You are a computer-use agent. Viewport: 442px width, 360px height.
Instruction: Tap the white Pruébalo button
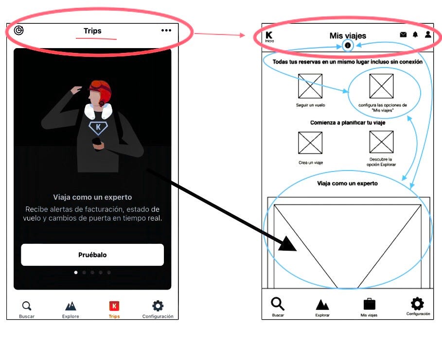pos(92,255)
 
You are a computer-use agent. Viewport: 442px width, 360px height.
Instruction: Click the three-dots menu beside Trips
pos(166,31)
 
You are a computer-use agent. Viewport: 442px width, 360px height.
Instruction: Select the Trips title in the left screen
pos(92,31)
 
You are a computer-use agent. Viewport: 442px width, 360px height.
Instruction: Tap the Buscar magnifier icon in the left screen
pos(27,306)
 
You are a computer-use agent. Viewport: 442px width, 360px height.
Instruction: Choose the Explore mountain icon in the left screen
pos(71,306)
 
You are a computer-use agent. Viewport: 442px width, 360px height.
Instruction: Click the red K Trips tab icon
pos(114,306)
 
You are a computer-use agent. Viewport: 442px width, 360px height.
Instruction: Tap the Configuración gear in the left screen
pos(158,306)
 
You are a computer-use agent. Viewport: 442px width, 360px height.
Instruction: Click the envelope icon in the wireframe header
pos(404,34)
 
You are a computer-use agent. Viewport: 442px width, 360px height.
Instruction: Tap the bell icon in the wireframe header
pos(415,34)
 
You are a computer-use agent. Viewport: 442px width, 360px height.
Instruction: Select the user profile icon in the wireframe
pos(428,34)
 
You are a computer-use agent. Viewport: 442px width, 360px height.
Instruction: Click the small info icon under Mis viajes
pos(348,45)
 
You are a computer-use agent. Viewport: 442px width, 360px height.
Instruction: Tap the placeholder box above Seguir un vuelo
pos(310,86)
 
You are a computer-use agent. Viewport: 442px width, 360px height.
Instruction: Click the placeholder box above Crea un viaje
pos(310,143)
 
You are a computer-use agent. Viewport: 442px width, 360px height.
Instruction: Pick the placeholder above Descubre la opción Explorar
pos(381,142)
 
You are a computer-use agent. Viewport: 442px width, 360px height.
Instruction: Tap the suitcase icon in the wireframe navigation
pos(369,304)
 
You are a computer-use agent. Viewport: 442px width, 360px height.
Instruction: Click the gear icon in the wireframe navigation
pos(417,304)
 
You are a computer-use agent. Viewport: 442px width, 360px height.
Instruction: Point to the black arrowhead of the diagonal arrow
pos(288,244)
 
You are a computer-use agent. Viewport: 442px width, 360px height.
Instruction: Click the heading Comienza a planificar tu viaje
pos(348,123)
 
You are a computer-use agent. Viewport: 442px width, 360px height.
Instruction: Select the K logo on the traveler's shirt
pos(98,128)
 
